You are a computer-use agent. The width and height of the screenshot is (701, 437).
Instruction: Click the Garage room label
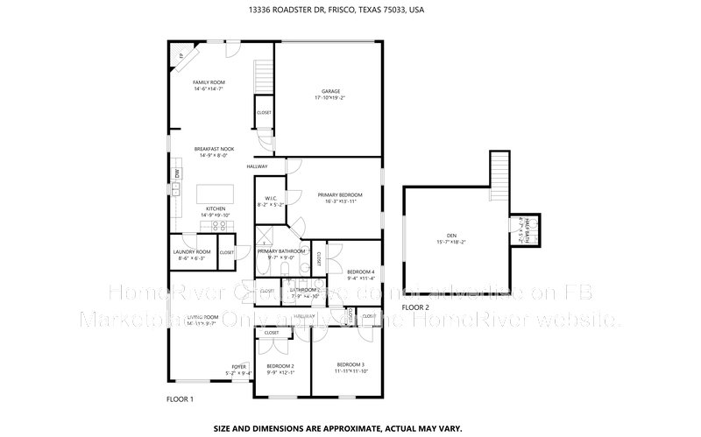330,91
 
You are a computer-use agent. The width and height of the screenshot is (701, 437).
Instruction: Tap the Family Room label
209,81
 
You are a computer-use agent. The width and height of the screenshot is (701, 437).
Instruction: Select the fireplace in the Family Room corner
180,55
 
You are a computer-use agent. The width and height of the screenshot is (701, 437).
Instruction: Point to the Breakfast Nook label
214,149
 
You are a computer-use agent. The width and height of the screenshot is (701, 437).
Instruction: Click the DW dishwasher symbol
176,173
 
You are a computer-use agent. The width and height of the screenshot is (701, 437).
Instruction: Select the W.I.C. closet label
272,199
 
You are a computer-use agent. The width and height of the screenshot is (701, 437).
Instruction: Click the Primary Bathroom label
280,251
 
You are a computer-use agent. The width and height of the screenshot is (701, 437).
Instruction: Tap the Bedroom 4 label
361,272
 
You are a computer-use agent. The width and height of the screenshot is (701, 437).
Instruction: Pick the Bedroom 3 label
350,363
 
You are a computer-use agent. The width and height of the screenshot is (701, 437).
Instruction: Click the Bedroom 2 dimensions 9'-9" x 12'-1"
280,372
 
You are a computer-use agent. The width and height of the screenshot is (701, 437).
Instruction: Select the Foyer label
238,366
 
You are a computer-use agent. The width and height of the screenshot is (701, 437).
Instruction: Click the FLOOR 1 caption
180,399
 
